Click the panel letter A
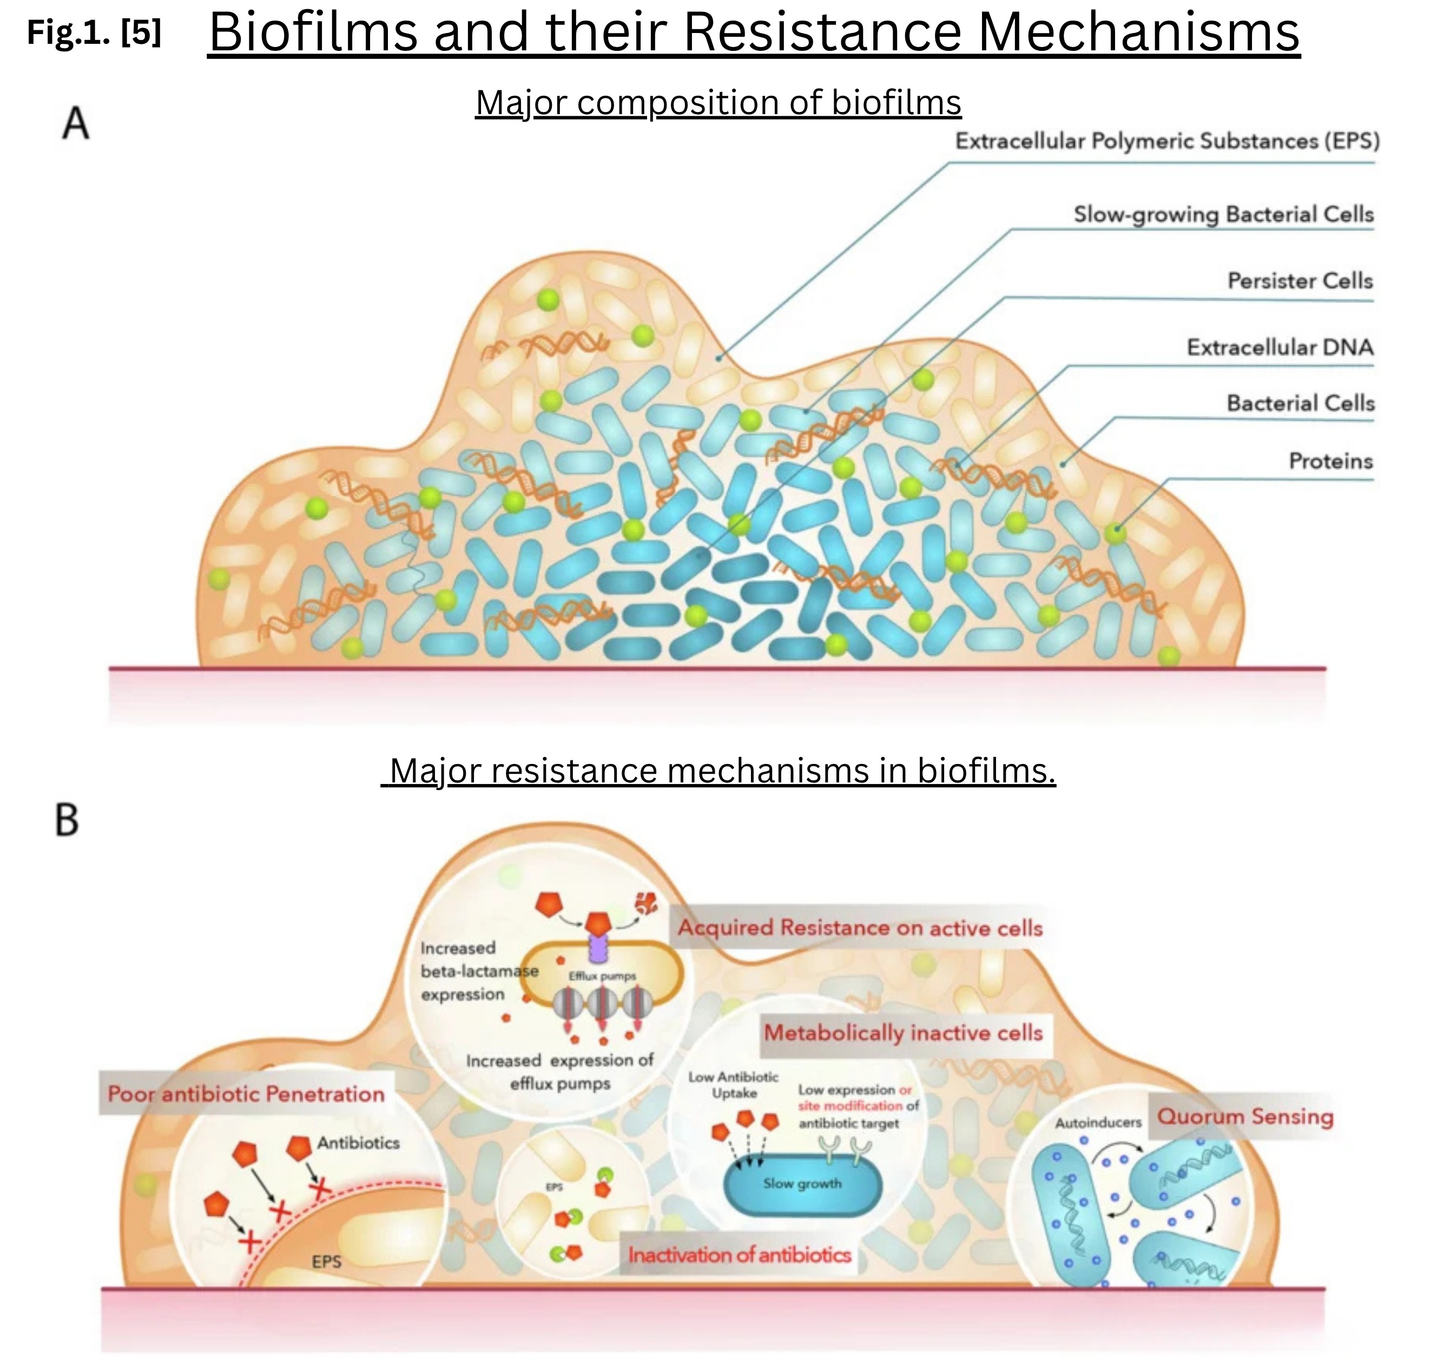76,123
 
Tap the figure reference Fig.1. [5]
94,32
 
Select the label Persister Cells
1300,280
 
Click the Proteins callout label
1331,460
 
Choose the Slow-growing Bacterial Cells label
1223,215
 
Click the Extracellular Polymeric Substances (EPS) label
1168,140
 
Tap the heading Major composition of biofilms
718,103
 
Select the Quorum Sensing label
1245,1116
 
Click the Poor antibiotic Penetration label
246,1094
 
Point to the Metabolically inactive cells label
904,1033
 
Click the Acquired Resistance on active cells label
860,928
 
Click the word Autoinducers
1098,1123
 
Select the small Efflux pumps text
602,976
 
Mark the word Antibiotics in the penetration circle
359,1143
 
